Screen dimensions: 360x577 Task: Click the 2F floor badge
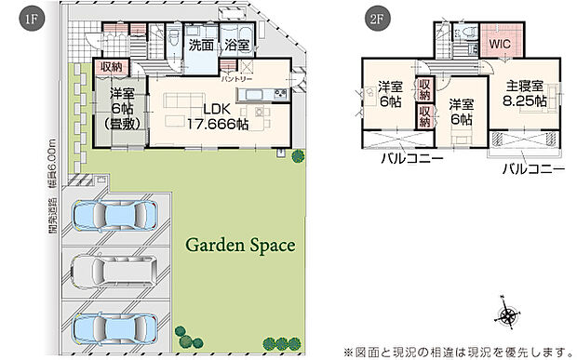click(x=377, y=16)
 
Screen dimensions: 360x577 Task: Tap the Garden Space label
click(x=240, y=247)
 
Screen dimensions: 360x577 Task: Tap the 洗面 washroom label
click(x=202, y=44)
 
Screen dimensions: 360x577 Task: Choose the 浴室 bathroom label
click(x=235, y=44)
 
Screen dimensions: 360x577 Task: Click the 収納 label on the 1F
click(x=111, y=68)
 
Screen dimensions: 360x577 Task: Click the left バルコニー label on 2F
click(x=404, y=158)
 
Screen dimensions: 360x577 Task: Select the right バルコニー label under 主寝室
click(x=533, y=170)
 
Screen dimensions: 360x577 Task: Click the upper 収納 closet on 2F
click(x=425, y=91)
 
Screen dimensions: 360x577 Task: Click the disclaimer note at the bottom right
click(x=459, y=350)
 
